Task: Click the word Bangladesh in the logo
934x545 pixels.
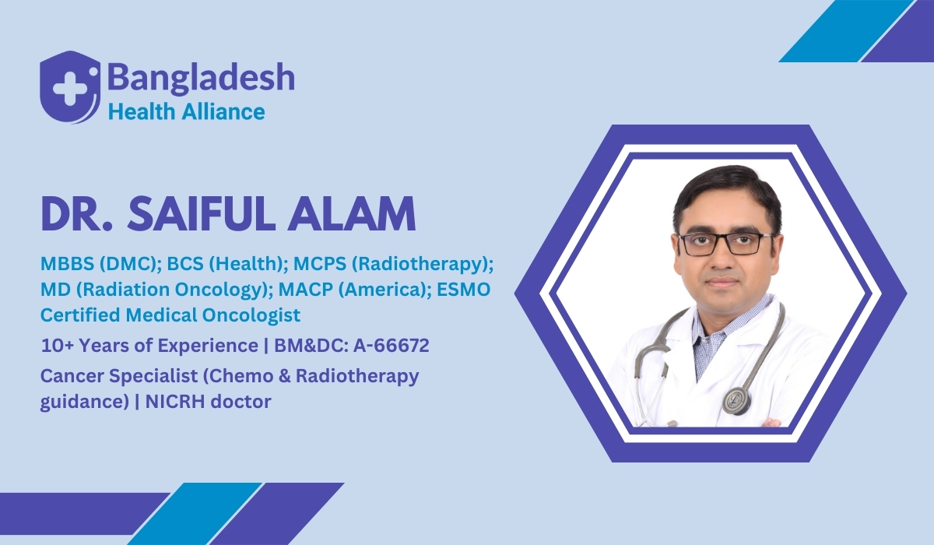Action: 201,79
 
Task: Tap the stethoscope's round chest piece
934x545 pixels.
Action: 735,399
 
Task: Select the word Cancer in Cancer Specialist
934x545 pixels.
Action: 68,376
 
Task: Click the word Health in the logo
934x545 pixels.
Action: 137,111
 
